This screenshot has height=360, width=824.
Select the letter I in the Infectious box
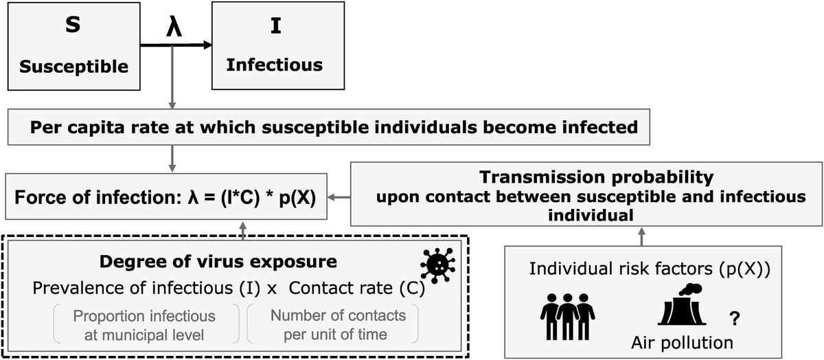pyautogui.click(x=274, y=30)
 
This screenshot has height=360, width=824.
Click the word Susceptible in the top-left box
pyautogui.click(x=74, y=67)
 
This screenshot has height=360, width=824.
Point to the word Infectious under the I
pyautogui.click(x=275, y=65)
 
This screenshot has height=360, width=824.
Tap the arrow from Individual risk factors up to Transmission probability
pyautogui.click(x=641, y=236)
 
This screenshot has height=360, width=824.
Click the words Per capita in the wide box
pyautogui.click(x=62, y=128)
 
